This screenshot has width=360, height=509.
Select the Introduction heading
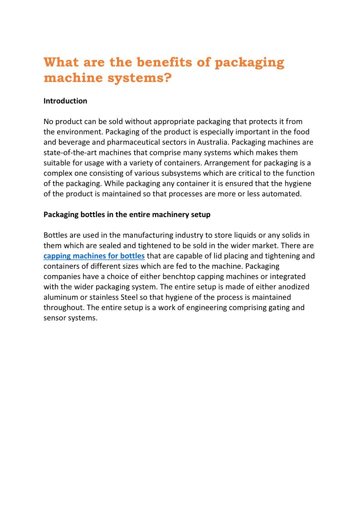point(65,101)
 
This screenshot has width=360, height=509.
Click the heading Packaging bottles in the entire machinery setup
point(127,214)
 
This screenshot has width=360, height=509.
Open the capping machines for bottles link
point(94,256)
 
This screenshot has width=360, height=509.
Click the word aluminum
point(63,297)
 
